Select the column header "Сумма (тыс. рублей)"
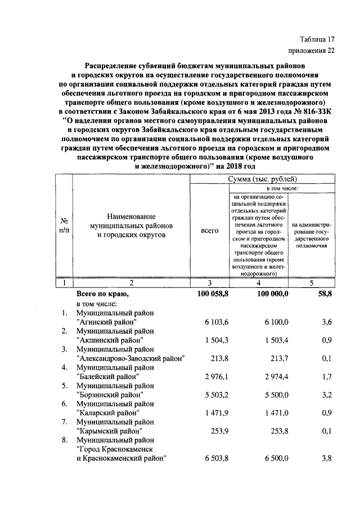pos(263,179)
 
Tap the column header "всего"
pos(210,231)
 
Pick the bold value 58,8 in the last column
pos(326,294)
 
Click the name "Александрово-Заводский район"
pos(130,358)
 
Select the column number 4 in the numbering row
pos(259,283)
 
